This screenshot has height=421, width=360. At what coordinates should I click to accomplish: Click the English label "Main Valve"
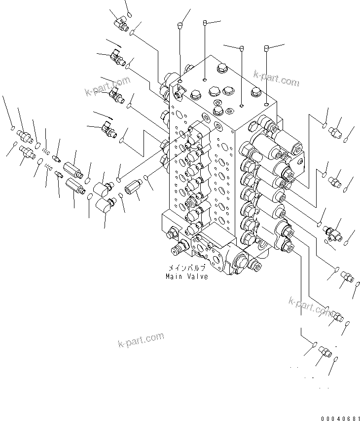186,276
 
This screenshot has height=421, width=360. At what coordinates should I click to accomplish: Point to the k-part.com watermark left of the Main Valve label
141,340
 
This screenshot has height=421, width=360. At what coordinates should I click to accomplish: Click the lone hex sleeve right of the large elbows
132,188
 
